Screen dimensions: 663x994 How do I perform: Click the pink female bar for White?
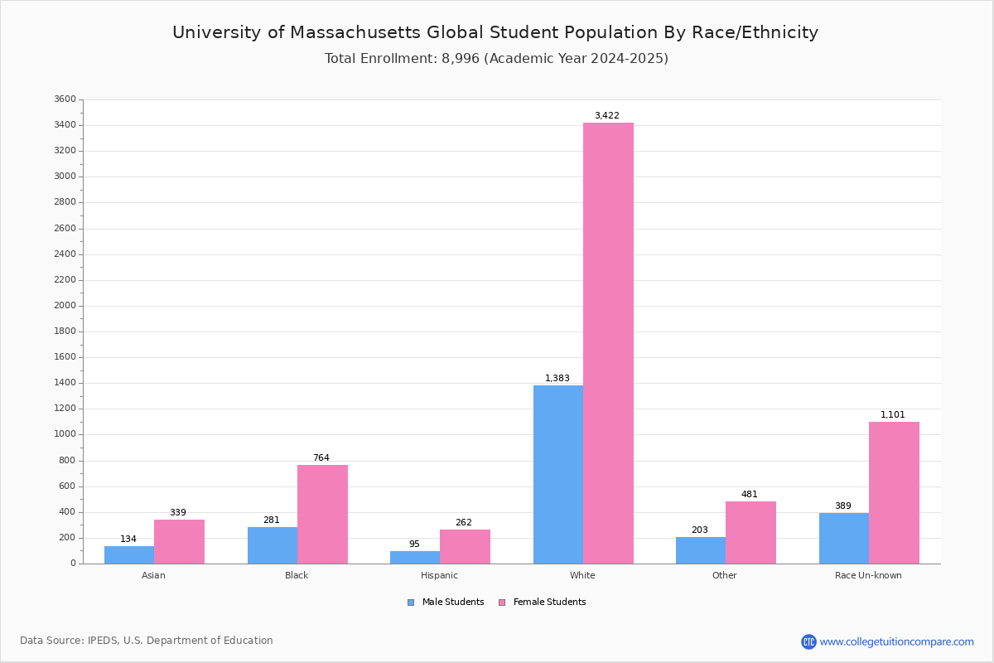608,343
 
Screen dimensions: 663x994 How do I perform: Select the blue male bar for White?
557,474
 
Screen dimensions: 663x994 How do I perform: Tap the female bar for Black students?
322,514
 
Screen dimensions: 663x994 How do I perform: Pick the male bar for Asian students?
129,554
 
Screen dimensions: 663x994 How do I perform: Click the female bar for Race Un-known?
894,492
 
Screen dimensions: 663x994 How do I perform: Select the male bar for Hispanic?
415,557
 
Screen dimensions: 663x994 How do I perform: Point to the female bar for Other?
750,532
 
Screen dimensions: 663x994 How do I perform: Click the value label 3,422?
606,116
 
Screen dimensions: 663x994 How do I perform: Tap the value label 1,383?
557,379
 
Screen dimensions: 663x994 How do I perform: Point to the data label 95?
414,544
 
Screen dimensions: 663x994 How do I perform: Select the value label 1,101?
892,415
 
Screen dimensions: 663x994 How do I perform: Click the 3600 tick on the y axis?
65,99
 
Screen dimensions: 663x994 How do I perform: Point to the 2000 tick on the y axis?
65,306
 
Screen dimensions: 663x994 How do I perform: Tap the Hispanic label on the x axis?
439,575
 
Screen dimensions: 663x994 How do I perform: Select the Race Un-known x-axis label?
868,575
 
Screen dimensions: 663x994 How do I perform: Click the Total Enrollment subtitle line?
496,59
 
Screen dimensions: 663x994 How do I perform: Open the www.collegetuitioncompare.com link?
896,641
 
